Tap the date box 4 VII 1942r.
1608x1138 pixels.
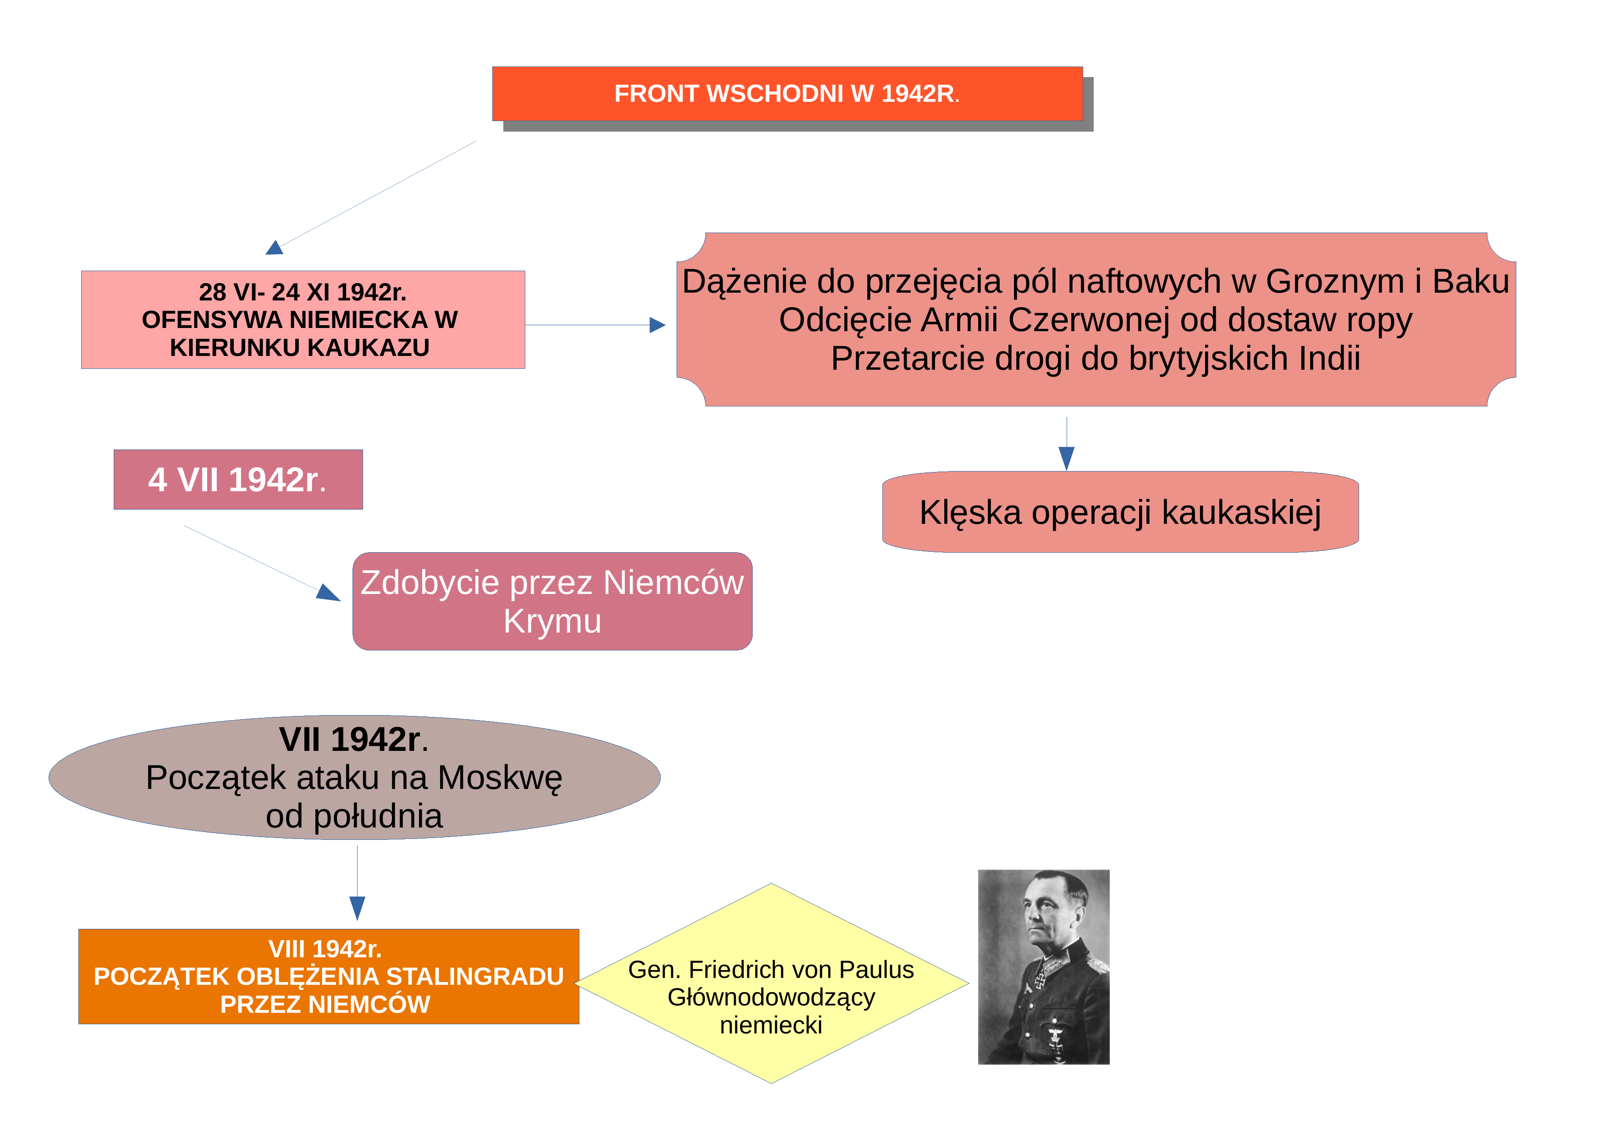(x=238, y=479)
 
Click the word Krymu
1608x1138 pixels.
(x=552, y=622)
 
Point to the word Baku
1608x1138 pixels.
(x=1471, y=282)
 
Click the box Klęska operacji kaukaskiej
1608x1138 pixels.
(x=1121, y=511)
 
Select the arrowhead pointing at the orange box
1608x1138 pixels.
(x=357, y=908)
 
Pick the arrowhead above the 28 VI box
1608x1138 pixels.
(x=275, y=247)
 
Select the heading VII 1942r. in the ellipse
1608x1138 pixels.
(x=354, y=739)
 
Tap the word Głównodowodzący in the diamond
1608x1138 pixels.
(x=771, y=998)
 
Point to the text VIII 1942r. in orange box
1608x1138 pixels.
(x=325, y=949)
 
